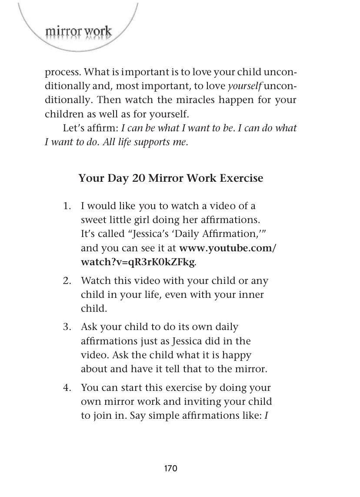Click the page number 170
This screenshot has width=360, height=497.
click(x=171, y=468)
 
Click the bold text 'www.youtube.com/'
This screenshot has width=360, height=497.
click(x=228, y=248)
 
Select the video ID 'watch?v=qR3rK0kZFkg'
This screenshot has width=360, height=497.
click(x=138, y=263)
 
